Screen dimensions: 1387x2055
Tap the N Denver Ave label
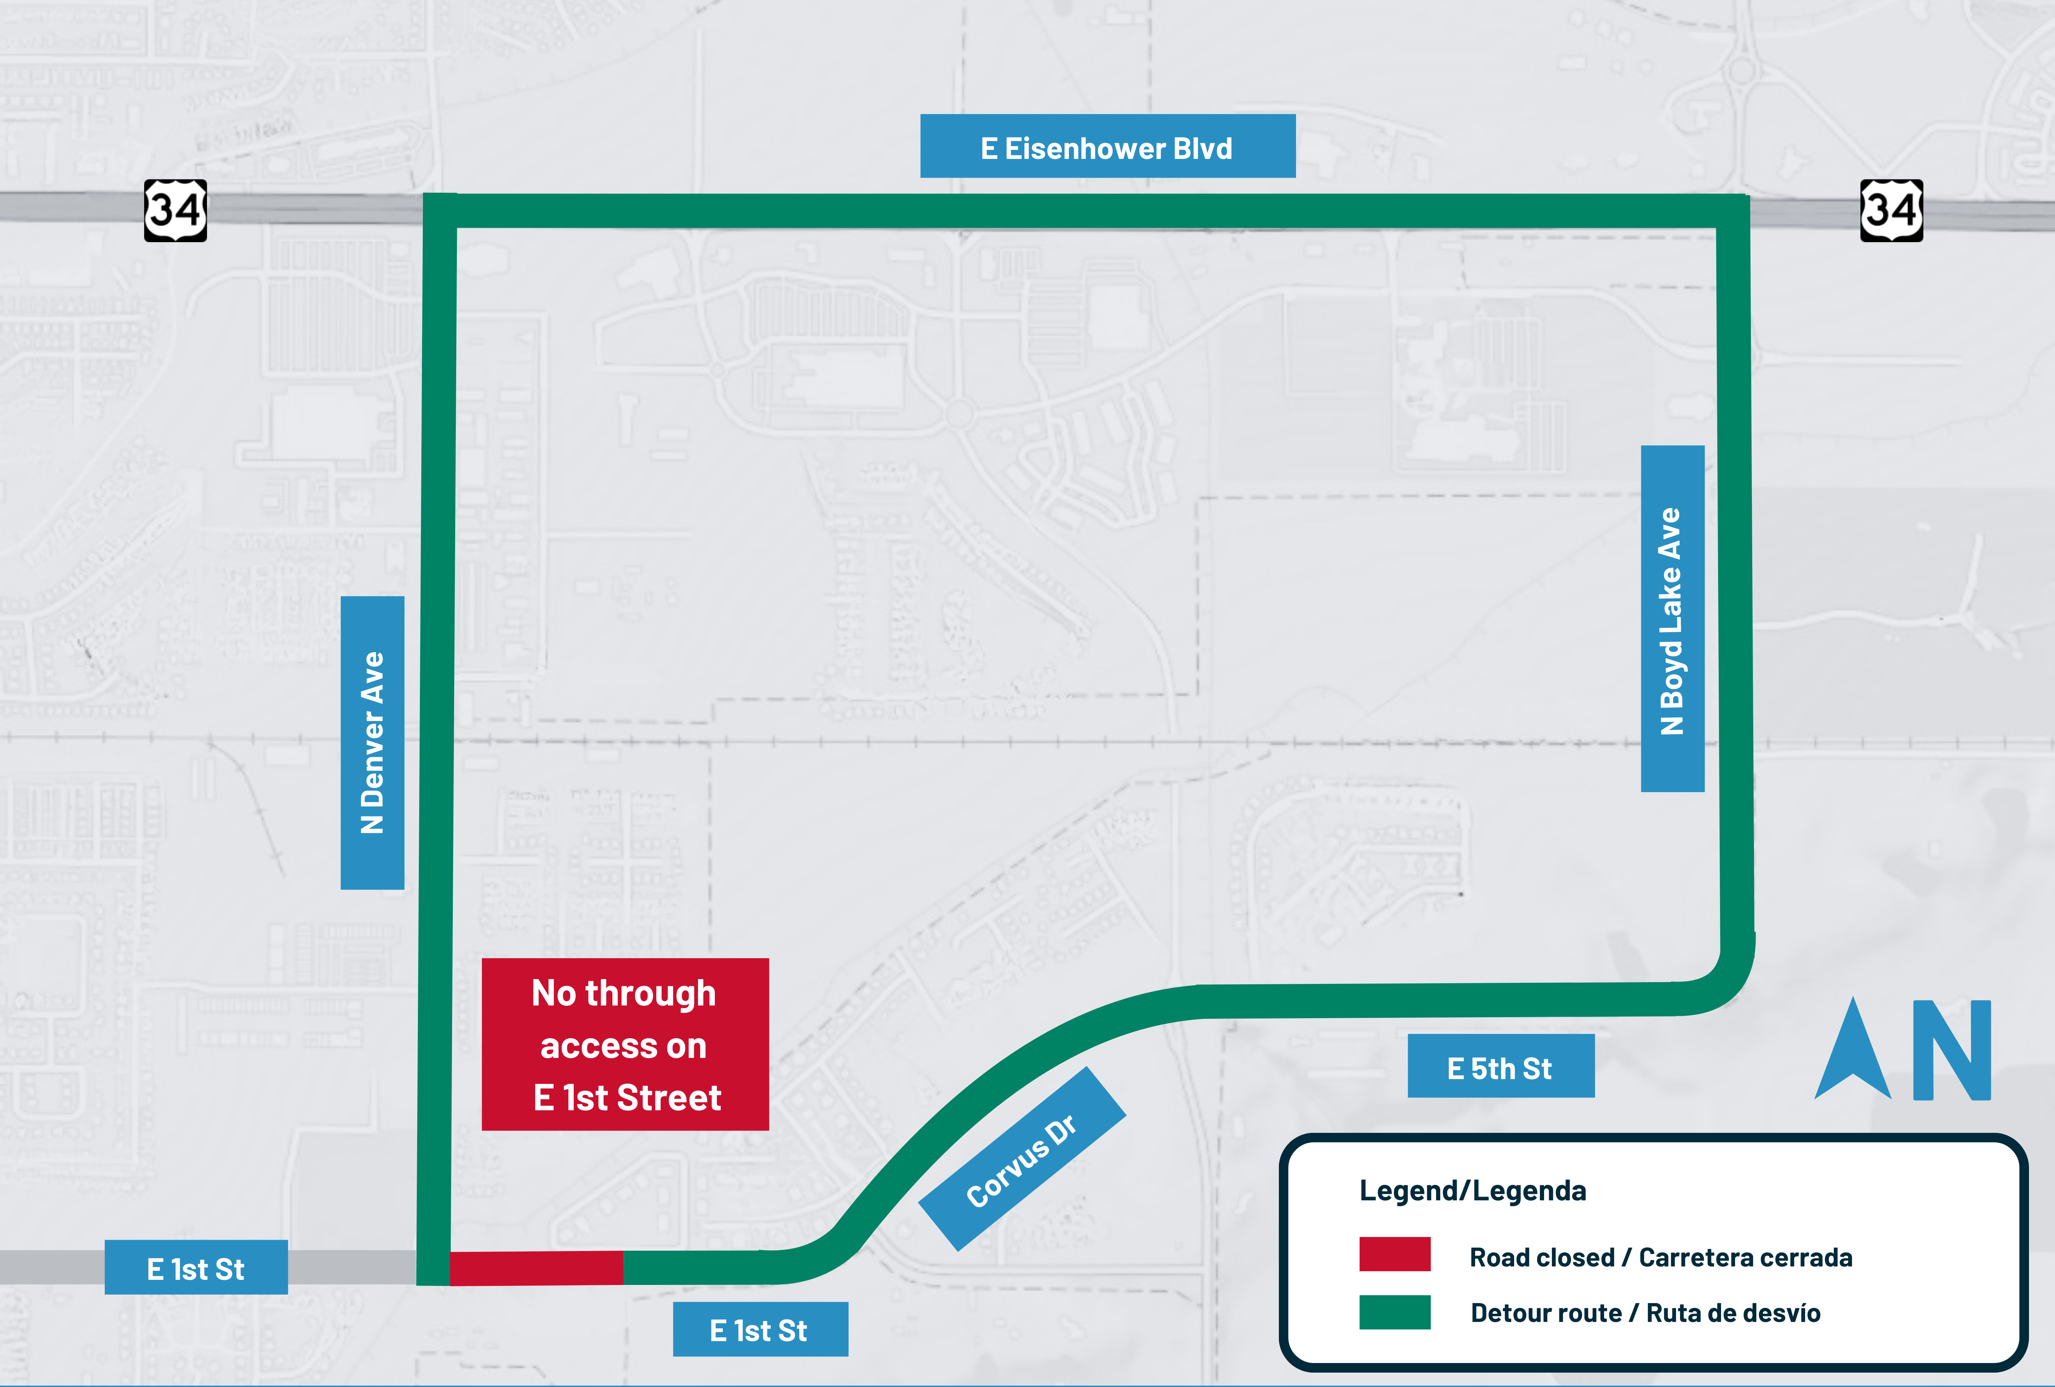(372, 742)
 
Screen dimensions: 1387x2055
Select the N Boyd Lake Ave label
(1671, 619)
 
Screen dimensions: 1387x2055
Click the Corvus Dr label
(1022, 1159)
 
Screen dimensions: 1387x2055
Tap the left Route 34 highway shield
(175, 210)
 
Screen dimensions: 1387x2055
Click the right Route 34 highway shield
(1891, 210)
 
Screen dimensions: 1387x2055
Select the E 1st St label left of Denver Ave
(196, 1268)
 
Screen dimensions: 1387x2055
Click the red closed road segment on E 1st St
(537, 1268)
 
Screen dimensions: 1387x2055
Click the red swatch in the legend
(1394, 1253)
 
